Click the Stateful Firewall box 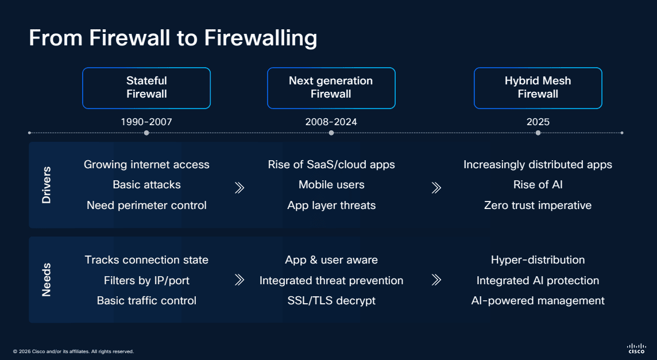click(x=146, y=88)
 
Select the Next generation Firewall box click(x=331, y=88)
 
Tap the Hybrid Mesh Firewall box click(x=538, y=88)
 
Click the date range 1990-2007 click(x=146, y=122)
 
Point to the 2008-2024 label click(x=331, y=122)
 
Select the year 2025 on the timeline click(x=538, y=122)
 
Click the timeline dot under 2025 click(x=538, y=133)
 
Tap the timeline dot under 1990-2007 click(x=146, y=133)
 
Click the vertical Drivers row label click(x=47, y=185)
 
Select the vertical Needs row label click(x=47, y=280)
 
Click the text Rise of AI click(x=538, y=185)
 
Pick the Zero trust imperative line click(x=538, y=206)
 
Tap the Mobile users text click(x=331, y=185)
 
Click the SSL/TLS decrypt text click(x=331, y=301)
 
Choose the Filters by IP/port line click(x=146, y=280)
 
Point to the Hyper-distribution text click(x=538, y=260)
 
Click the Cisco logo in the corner click(x=636, y=348)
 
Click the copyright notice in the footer click(x=73, y=351)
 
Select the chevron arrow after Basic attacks click(x=239, y=187)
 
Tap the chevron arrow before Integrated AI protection click(x=436, y=280)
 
